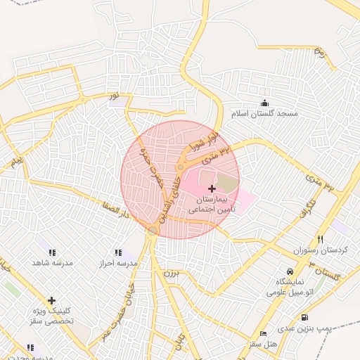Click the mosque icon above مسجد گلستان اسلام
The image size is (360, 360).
265,103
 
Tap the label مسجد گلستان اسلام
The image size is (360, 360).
265,113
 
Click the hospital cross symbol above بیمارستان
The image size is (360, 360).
212,188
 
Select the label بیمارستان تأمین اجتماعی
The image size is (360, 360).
212,205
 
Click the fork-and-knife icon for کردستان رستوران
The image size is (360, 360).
321,240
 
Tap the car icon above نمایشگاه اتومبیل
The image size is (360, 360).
290,271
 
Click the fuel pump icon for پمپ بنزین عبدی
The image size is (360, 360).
304,317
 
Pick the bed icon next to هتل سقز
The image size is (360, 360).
264,333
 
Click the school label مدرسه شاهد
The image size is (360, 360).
52,262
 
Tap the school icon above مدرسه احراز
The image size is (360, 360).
117,252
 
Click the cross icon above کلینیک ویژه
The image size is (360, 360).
51,300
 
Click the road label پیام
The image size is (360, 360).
17,163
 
